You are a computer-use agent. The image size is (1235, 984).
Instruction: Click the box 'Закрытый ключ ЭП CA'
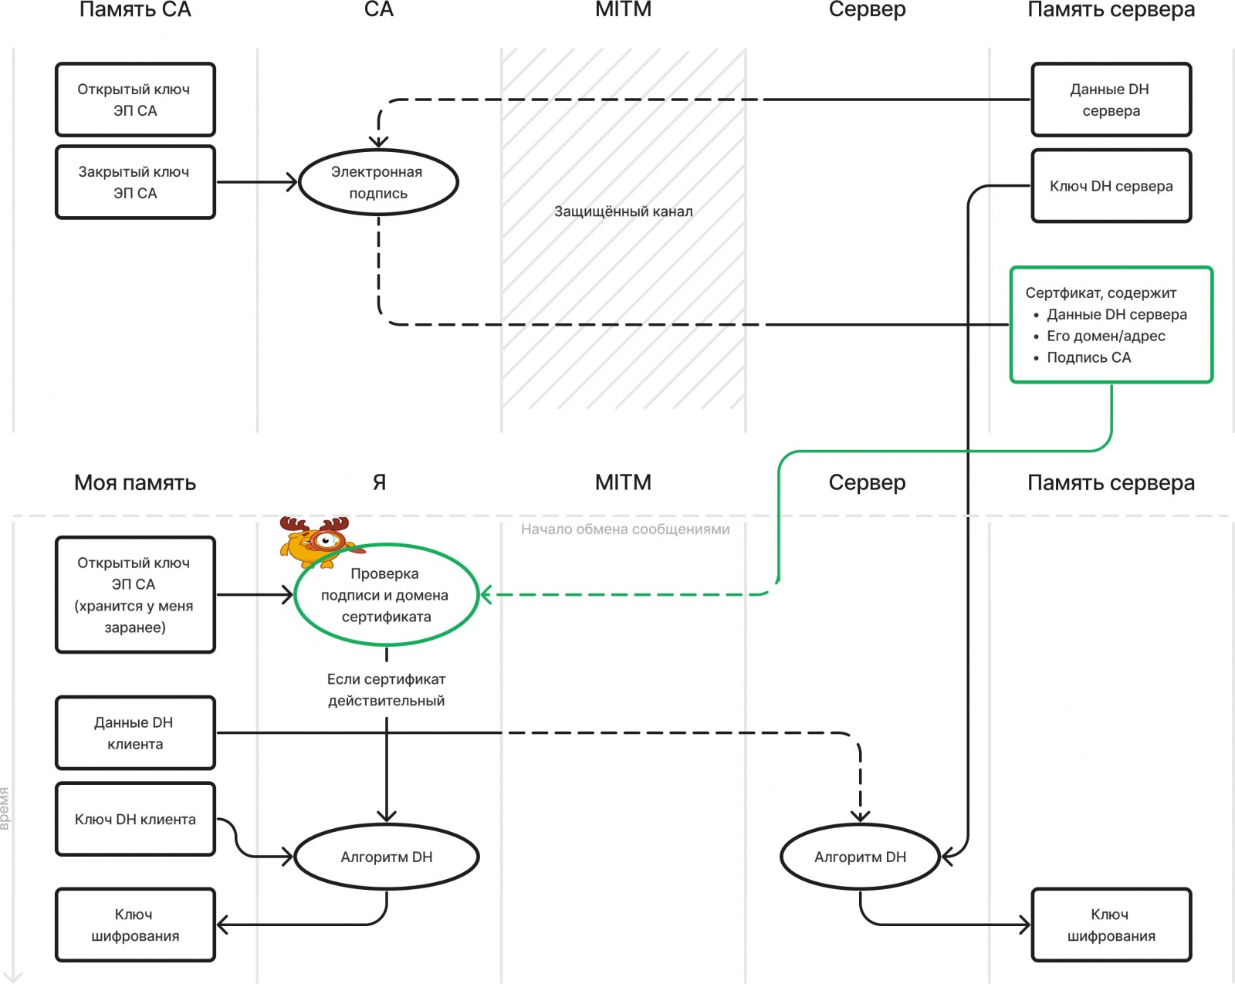click(135, 182)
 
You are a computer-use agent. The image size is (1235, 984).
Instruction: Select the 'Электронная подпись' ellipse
click(378, 182)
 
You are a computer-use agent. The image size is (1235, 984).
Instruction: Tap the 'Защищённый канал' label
click(623, 211)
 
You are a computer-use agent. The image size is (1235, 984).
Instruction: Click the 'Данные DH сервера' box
click(1111, 100)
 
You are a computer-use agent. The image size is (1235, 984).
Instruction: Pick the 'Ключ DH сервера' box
click(1111, 186)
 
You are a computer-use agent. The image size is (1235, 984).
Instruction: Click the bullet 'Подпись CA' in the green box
click(1088, 357)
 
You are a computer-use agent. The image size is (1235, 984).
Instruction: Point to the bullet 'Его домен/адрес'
click(1105, 336)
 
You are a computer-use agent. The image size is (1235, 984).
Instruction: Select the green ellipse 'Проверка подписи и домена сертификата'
click(386, 595)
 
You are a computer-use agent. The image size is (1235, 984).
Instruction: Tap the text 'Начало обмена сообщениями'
click(624, 529)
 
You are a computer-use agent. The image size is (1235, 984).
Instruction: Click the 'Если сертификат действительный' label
click(386, 690)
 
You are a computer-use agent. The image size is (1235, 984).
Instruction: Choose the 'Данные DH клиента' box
click(135, 733)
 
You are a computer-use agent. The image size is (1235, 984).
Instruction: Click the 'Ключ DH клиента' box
click(135, 819)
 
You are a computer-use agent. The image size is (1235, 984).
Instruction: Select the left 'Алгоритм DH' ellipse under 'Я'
click(386, 857)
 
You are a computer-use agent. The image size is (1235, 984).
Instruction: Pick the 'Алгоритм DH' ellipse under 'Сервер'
click(860, 857)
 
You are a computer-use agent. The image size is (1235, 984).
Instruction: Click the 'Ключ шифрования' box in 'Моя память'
click(135, 925)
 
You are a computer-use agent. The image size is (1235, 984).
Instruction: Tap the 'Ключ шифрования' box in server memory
click(1111, 925)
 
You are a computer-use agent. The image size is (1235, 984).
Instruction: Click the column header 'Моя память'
click(135, 482)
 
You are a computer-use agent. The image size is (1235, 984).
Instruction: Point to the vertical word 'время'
click(5, 808)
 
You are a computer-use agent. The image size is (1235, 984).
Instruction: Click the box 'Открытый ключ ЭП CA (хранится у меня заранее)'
click(135, 595)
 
